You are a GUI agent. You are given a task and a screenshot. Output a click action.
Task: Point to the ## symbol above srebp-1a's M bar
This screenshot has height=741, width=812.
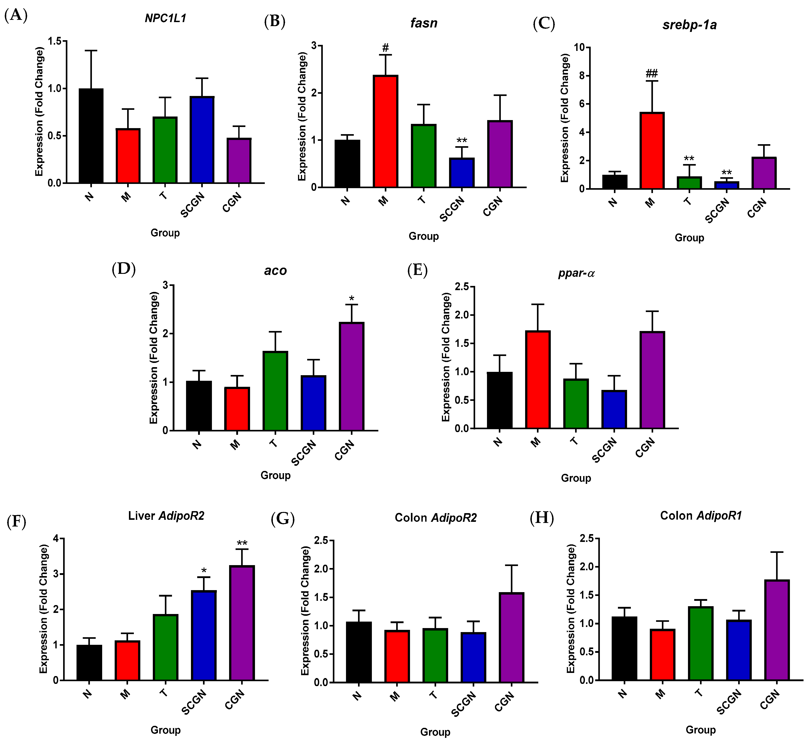click(651, 73)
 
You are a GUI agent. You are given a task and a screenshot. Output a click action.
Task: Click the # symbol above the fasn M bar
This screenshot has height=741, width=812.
click(385, 48)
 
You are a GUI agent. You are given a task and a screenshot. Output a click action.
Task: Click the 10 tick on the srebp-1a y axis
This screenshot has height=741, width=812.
click(579, 48)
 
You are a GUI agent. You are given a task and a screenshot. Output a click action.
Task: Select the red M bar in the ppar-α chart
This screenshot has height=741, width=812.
click(538, 380)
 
